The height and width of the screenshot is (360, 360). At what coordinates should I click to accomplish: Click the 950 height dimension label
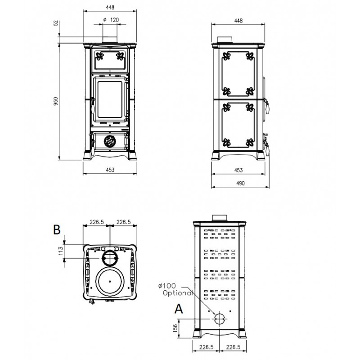tap(56, 101)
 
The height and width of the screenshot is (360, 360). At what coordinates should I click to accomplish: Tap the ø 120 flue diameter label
tap(111, 20)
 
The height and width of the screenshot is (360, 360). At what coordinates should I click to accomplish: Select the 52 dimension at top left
tap(56, 23)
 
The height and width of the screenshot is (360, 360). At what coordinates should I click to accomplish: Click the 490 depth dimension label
tap(240, 183)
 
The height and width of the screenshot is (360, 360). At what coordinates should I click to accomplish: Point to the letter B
tap(57, 229)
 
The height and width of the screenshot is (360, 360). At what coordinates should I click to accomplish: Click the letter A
tap(179, 309)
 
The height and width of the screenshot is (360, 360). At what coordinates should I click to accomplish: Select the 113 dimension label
tap(61, 251)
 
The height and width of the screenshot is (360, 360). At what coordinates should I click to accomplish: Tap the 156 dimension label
tap(175, 328)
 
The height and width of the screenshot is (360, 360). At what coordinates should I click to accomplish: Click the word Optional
tap(177, 293)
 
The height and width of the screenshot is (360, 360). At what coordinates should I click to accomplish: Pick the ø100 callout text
tap(167, 286)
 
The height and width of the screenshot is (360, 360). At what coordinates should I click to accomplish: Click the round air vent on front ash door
tap(110, 141)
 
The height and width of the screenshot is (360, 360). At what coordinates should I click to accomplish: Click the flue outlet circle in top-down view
tap(110, 258)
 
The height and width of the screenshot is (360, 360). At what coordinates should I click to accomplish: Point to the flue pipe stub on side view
tap(225, 40)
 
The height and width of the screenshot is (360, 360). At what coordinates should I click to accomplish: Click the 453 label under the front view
tap(110, 170)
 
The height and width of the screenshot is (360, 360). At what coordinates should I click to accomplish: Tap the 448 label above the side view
tap(238, 21)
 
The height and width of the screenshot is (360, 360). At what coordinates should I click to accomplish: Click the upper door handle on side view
tap(267, 106)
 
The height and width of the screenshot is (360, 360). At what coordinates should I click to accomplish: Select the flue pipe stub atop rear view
tap(220, 218)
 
